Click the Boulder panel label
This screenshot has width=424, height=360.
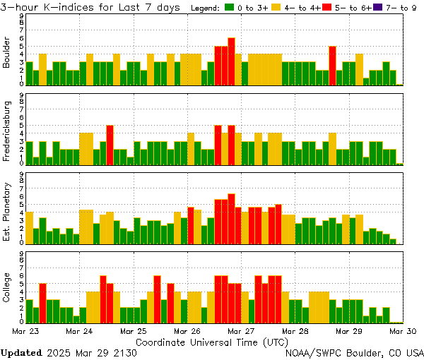[7, 54]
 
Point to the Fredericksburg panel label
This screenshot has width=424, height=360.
[7, 131]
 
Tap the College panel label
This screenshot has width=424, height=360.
[7, 289]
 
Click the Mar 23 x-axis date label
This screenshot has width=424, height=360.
[25, 330]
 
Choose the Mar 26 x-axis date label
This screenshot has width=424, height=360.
[187, 330]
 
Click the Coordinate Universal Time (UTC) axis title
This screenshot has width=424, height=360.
[212, 341]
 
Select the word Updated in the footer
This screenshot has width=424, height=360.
[21, 352]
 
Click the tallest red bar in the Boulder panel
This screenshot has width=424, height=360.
[231, 61]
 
